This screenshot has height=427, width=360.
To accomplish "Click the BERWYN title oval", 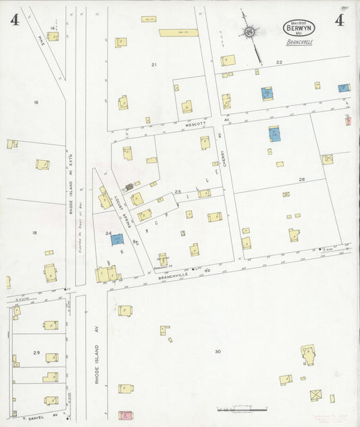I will (x=299, y=28).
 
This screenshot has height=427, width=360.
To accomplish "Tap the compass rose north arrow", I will (x=251, y=32).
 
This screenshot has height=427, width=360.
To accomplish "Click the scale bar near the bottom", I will (x=236, y=409).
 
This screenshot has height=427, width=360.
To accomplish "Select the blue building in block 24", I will (x=118, y=239).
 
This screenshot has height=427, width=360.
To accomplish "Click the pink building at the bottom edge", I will (x=124, y=415).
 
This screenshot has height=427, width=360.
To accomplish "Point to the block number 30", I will (x=217, y=352).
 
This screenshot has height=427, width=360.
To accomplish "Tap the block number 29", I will (x=36, y=353).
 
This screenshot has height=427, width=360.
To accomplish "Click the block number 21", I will (x=154, y=64).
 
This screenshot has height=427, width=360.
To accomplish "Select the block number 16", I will (x=36, y=102).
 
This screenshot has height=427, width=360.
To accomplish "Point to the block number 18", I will (x=34, y=232).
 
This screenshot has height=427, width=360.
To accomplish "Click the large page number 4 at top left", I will (x=14, y=20).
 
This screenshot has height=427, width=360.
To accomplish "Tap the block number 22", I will (x=278, y=61).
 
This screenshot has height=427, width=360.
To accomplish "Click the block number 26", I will (x=301, y=179).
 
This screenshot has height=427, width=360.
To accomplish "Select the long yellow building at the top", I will (x=178, y=32).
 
